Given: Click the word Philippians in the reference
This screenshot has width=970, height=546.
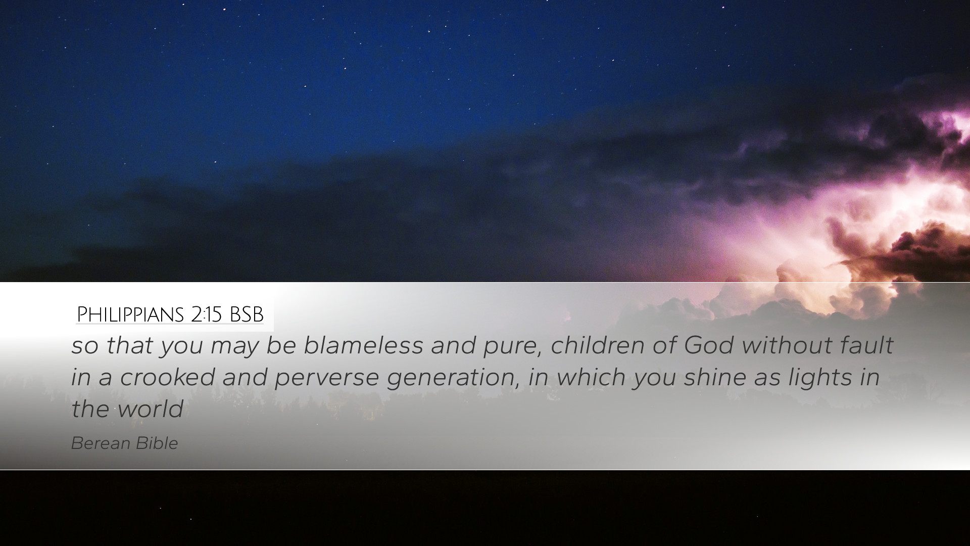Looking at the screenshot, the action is [130, 314].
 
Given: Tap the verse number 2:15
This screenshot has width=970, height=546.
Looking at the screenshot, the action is [207, 314].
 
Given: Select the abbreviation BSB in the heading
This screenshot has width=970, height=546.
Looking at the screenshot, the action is [247, 314].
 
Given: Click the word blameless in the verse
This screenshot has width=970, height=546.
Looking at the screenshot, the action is [363, 345].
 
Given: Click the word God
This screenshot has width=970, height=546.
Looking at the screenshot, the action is [709, 345].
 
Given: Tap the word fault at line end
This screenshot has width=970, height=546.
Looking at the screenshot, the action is [867, 345].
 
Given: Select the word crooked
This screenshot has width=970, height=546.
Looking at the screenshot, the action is [167, 377].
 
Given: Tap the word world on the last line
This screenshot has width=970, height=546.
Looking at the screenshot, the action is [150, 408].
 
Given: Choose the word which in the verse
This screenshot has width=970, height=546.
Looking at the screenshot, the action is [591, 377].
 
